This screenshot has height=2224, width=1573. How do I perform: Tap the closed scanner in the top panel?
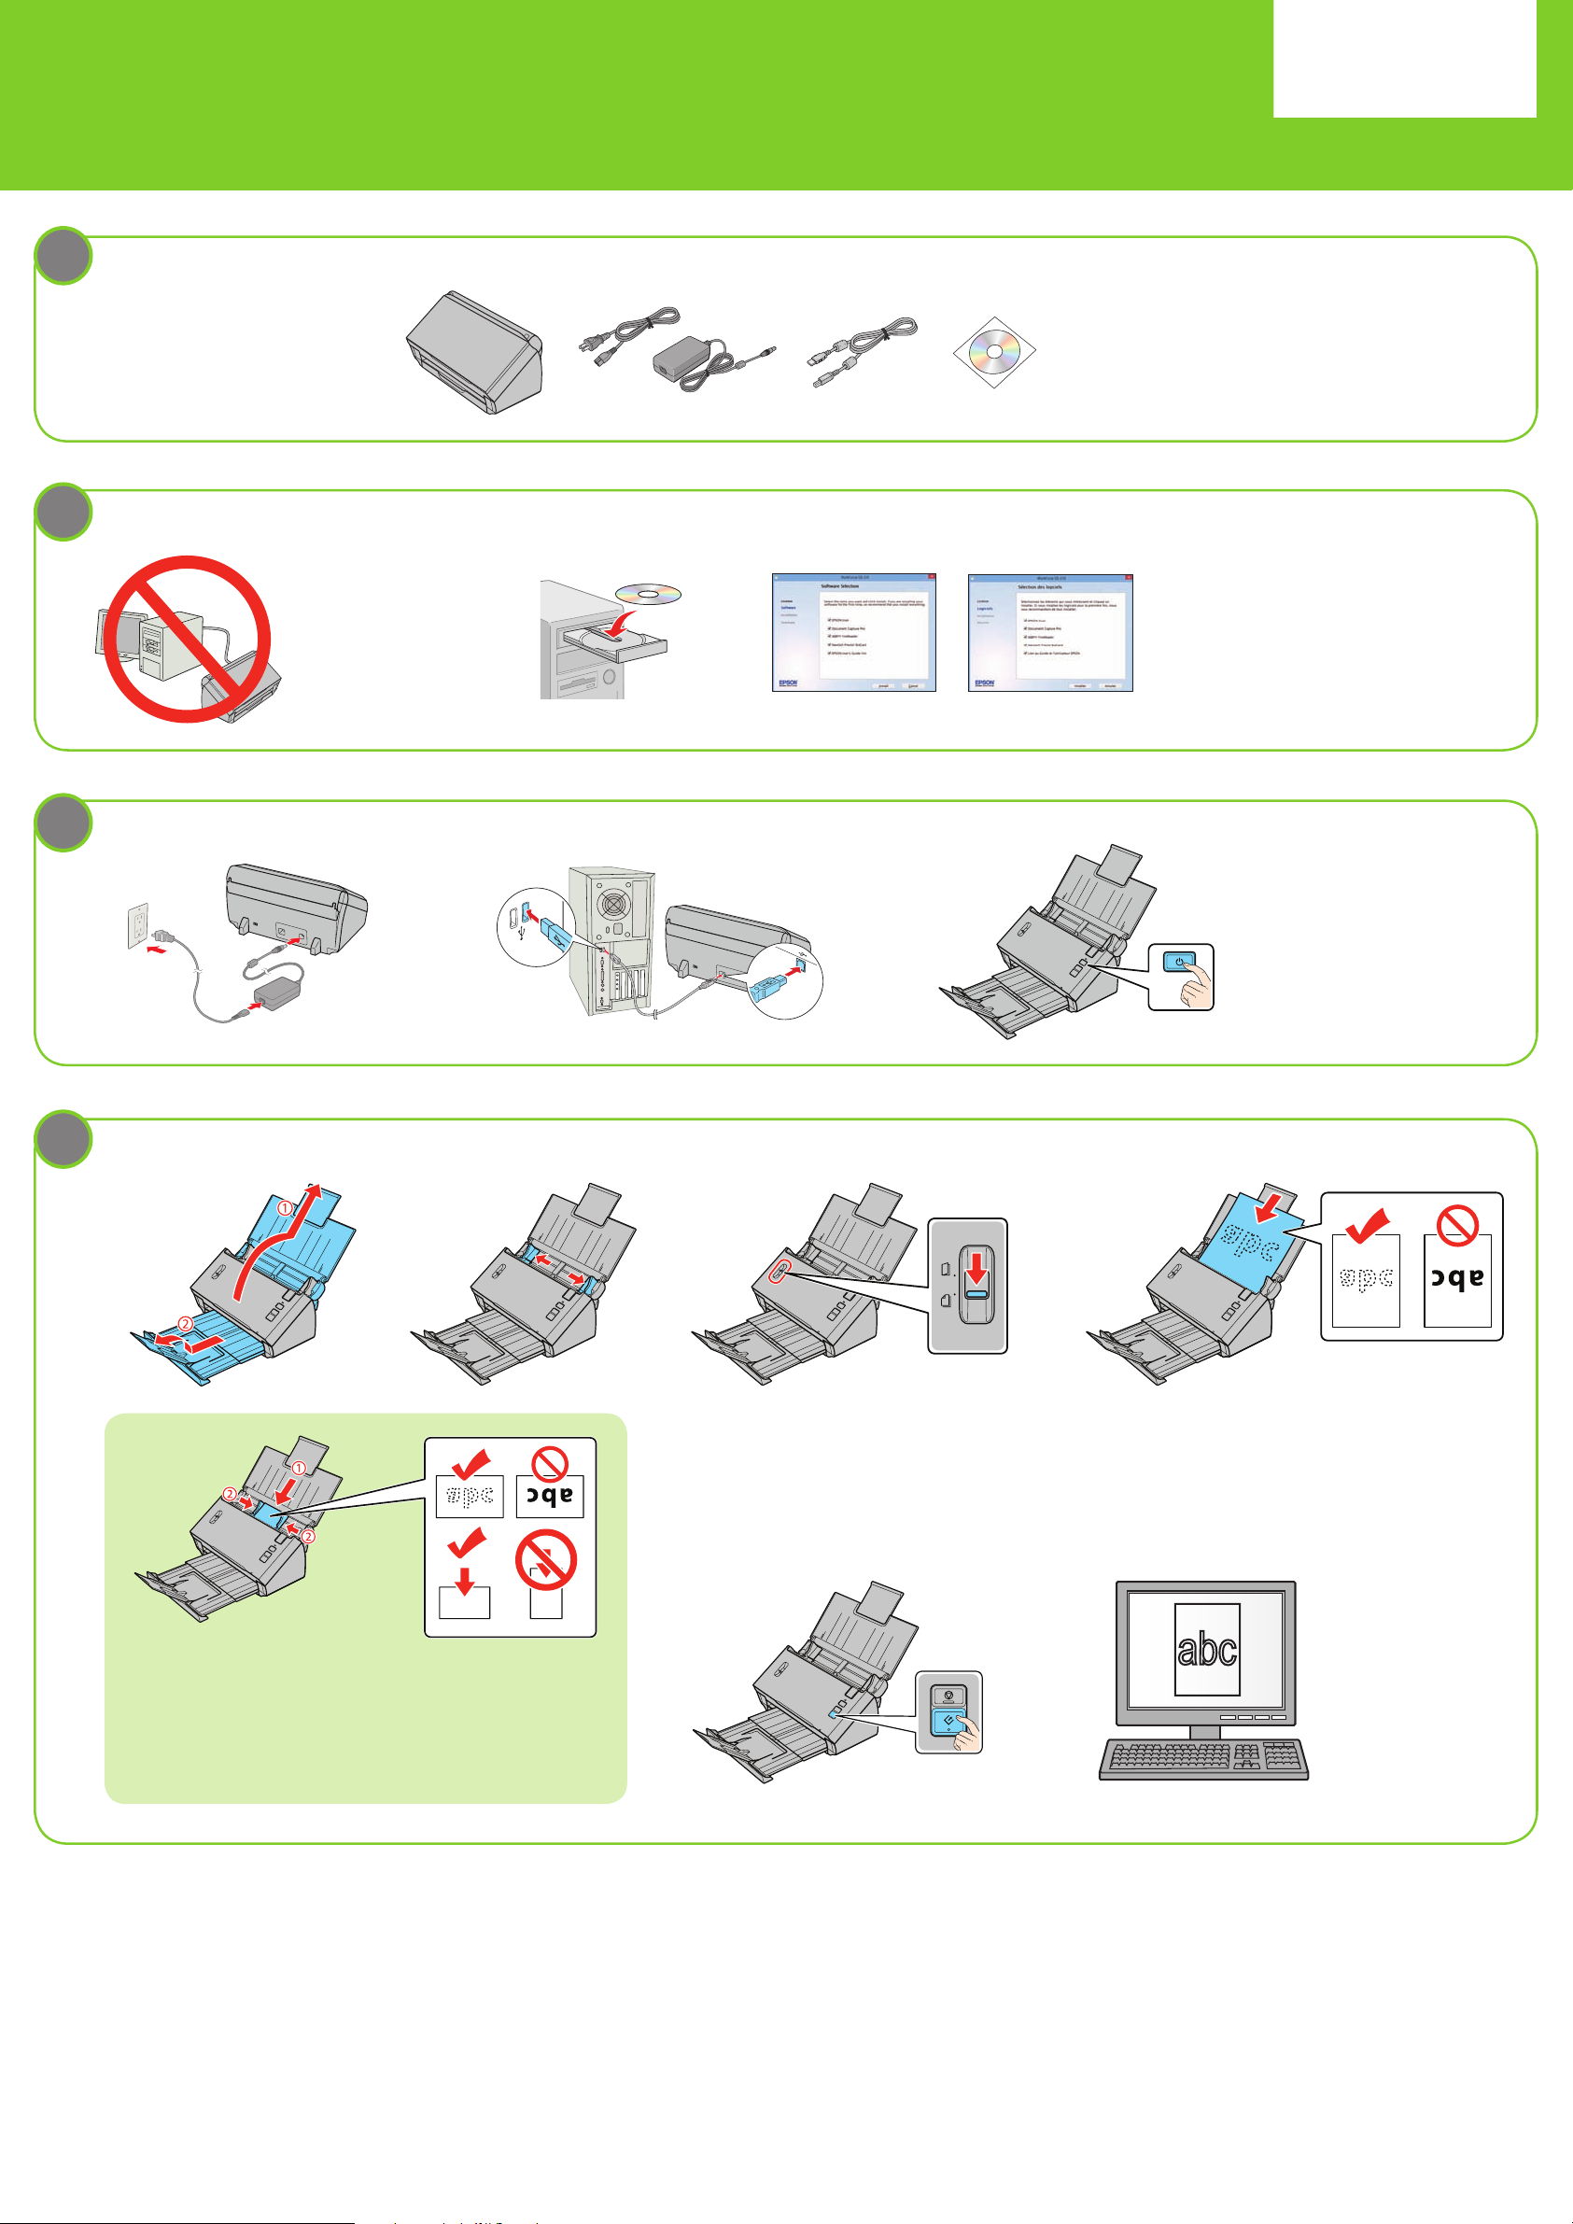point(474,351)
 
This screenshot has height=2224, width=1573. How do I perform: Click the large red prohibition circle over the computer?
point(187,639)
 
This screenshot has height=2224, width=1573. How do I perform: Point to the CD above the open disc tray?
point(648,594)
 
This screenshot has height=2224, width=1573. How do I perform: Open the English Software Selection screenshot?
point(853,631)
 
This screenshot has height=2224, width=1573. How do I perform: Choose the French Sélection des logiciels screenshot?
point(1050,631)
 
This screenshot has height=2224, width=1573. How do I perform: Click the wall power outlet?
point(138,925)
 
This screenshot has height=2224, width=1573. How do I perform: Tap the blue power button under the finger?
point(1178,962)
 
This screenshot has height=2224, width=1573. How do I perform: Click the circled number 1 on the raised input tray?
point(285,1208)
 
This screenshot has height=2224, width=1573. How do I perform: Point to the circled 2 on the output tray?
point(185,1323)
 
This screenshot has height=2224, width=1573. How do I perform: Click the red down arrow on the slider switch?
point(976,1269)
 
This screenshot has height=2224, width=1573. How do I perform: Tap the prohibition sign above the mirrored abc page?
point(1455,1225)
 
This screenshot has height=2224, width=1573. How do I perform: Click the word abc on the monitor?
point(1207,1648)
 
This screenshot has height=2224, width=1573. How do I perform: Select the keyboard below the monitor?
point(1204,1760)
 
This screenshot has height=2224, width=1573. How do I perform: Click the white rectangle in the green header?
point(1403,58)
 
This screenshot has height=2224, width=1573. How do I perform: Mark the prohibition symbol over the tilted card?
point(545,1559)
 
